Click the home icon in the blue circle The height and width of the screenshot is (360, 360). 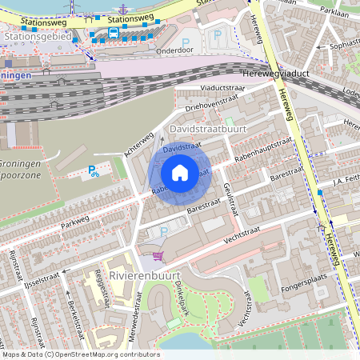click(180, 173)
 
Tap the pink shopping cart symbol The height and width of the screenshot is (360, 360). click(158, 256)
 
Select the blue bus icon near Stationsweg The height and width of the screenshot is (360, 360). click(114, 33)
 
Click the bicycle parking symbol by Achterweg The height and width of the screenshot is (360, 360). click(94, 170)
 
